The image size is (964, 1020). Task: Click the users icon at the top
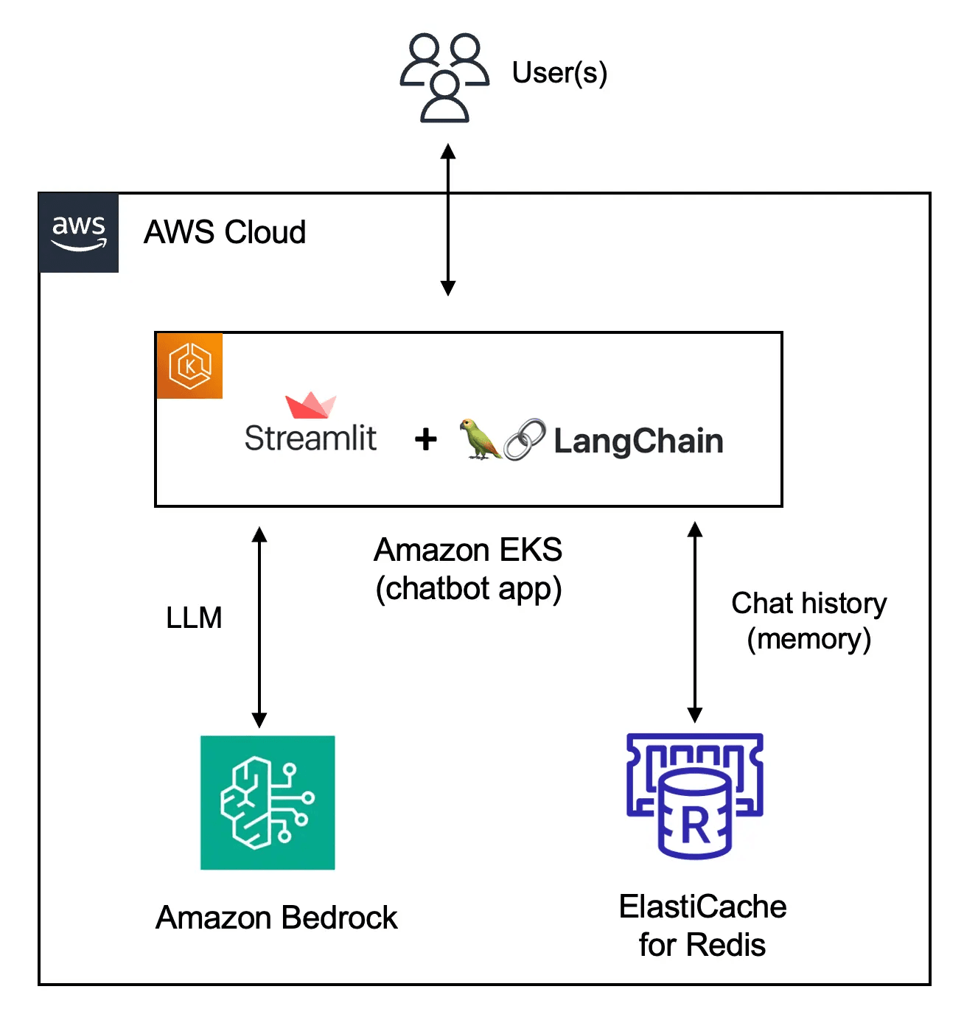coord(444,77)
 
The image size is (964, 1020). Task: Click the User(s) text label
coord(559,72)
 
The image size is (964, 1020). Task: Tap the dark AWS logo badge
coord(79,233)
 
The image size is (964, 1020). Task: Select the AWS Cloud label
coord(225,232)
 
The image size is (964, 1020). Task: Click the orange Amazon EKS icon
coord(189,366)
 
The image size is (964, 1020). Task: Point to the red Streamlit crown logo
coord(310,405)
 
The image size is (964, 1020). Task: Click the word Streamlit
coord(310,439)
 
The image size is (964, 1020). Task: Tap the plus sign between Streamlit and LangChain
coord(425,440)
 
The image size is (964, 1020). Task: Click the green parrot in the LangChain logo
coord(480,439)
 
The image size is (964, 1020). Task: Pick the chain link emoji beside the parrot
coord(524,440)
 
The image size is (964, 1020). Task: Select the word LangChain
coord(638,441)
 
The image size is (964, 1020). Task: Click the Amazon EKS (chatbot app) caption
coord(468,569)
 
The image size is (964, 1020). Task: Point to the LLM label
coord(194,618)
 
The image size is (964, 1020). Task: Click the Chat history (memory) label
coord(808,621)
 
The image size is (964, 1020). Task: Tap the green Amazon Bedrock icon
coord(268,803)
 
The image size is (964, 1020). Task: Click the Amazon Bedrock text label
coord(276,918)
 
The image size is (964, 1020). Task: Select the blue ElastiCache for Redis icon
coord(694,796)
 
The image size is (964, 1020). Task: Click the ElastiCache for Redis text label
coord(702,926)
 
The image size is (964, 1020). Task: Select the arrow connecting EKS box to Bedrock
coord(259,627)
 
